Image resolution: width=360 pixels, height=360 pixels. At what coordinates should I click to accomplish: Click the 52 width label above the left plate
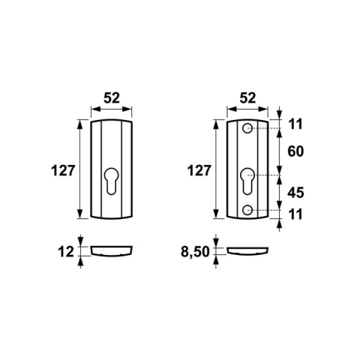point(112,98)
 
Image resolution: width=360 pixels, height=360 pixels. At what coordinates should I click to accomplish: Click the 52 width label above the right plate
point(247,98)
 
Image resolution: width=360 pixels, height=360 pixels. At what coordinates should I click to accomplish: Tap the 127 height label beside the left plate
point(63,171)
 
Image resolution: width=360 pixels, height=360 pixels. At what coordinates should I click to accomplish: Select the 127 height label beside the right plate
point(199,171)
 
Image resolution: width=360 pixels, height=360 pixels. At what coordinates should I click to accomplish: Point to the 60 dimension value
point(295,151)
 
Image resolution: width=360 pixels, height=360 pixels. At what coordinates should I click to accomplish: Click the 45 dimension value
point(295,193)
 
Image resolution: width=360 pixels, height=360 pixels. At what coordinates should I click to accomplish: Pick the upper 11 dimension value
point(295,124)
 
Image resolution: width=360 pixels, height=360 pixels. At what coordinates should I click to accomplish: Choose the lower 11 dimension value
point(295,214)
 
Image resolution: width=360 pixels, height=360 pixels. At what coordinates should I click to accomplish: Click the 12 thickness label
point(66,252)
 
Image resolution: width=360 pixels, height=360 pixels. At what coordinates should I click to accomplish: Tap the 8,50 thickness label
point(195,252)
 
